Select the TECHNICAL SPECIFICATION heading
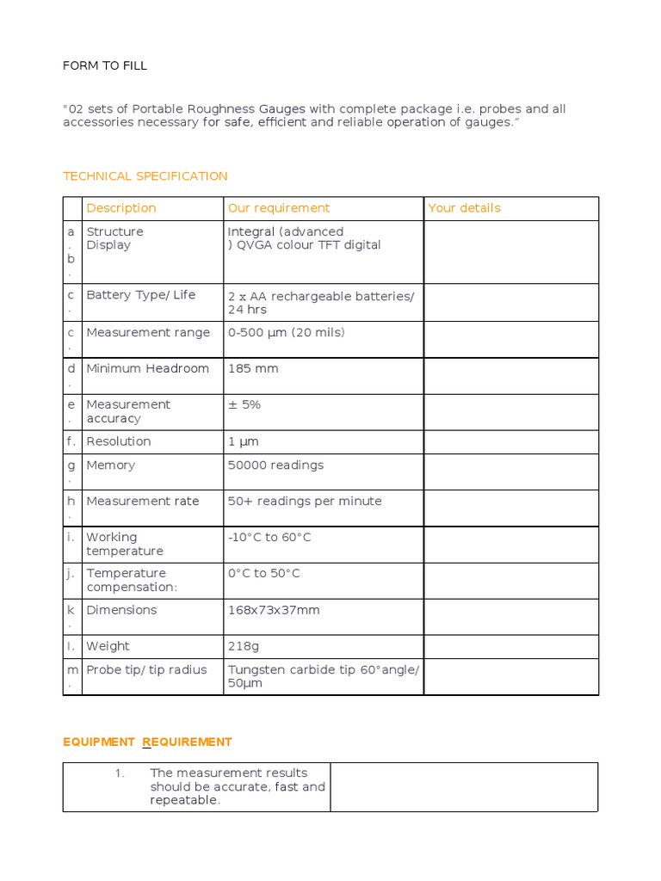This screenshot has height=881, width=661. (x=145, y=176)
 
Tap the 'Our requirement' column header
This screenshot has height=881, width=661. (x=278, y=208)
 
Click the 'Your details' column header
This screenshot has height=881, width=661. (x=464, y=208)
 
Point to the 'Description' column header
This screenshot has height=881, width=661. (x=121, y=208)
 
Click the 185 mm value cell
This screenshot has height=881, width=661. (x=253, y=369)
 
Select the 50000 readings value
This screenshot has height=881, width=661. (x=275, y=465)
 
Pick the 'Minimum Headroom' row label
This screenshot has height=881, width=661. (x=147, y=369)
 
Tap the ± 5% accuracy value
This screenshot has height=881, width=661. (x=244, y=405)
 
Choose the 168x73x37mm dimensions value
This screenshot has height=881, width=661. (x=274, y=610)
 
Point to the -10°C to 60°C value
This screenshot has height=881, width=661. (x=269, y=538)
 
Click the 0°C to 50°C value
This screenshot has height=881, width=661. (x=264, y=574)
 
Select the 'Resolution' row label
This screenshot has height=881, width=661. (x=119, y=441)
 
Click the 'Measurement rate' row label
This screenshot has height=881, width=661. (x=143, y=502)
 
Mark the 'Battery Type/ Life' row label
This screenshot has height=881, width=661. (x=141, y=295)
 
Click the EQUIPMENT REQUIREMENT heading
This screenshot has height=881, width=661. (x=147, y=742)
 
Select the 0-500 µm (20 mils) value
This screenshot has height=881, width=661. (x=286, y=333)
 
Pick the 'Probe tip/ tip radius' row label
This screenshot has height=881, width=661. (x=146, y=670)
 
